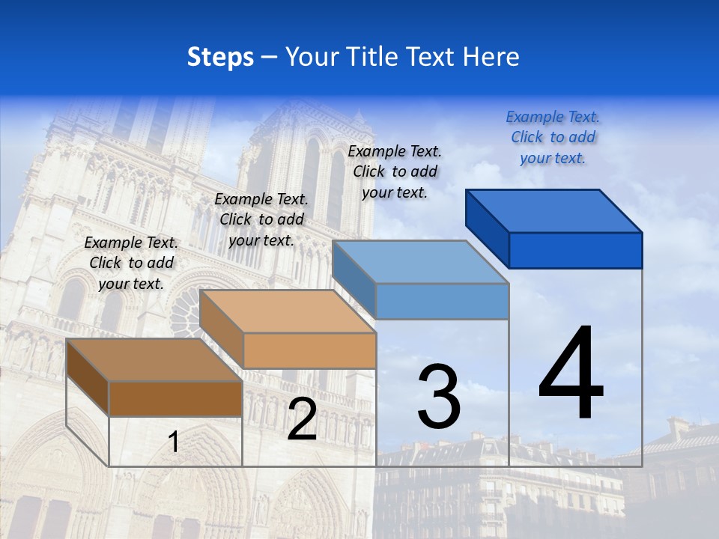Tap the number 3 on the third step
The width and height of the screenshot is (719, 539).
pyautogui.click(x=439, y=397)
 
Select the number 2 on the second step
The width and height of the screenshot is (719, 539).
pyautogui.click(x=302, y=420)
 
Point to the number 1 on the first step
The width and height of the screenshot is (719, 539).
pyautogui.click(x=173, y=442)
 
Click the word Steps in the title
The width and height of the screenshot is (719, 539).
pyautogui.click(x=220, y=57)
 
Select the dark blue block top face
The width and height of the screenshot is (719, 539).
pyautogui.click(x=554, y=210)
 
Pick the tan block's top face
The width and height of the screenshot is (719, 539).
pyautogui.click(x=288, y=311)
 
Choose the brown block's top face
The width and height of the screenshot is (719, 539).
pyautogui.click(x=154, y=360)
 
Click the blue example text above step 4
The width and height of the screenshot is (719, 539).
pyautogui.click(x=553, y=137)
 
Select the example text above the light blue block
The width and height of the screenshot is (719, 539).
pyautogui.click(x=395, y=171)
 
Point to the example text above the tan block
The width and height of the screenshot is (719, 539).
pyautogui.click(x=261, y=219)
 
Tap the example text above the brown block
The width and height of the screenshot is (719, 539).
pyautogui.click(x=131, y=263)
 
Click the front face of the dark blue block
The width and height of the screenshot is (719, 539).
pyautogui.click(x=575, y=250)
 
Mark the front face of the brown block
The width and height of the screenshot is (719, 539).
pyautogui.click(x=175, y=398)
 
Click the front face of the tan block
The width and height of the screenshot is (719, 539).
pyautogui.click(x=309, y=350)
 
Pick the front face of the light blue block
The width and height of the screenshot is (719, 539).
pyautogui.click(x=442, y=301)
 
